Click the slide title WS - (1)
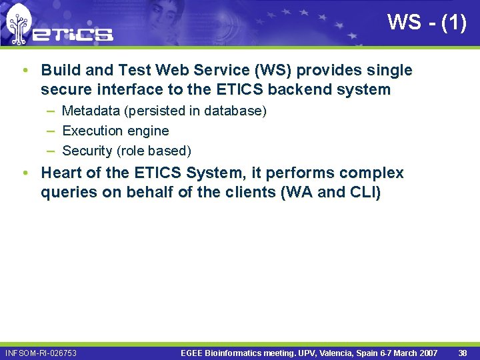pos(427,22)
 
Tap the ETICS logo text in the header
pos(73,34)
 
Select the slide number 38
pos(463,353)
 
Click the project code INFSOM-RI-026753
pos(41,353)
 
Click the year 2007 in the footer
pos(427,353)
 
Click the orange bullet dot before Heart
pos(25,173)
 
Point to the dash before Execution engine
pos(51,131)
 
